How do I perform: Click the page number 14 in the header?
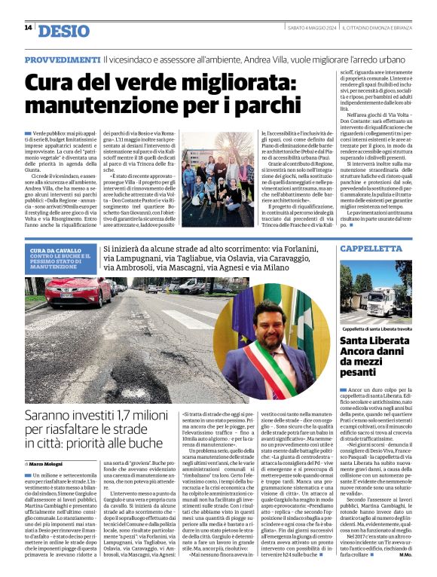[x=28, y=28]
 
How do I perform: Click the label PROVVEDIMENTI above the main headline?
[x=62, y=60]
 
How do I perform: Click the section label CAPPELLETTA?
[x=370, y=248]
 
